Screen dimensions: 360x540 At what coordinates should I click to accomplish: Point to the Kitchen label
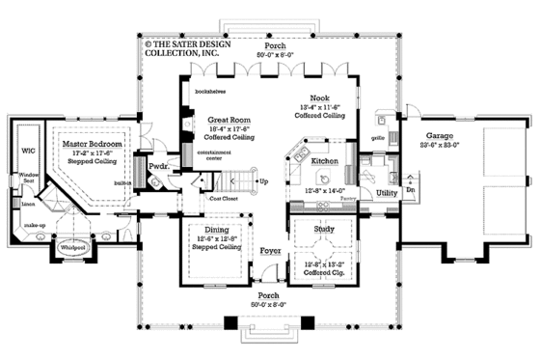(323, 161)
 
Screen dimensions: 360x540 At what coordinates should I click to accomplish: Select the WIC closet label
(27, 151)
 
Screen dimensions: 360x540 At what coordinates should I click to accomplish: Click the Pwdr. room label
(158, 168)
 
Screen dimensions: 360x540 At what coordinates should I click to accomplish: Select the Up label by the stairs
(264, 181)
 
